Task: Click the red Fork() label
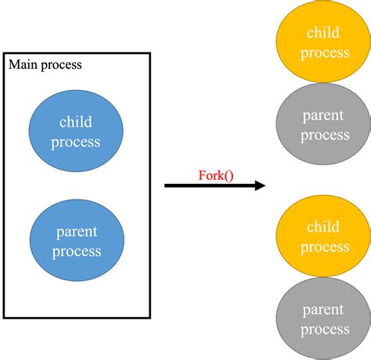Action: click(216, 175)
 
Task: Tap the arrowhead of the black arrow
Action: click(260, 185)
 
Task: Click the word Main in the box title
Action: click(23, 64)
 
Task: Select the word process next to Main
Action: click(62, 65)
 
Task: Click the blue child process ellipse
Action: click(76, 131)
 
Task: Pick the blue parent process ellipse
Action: click(77, 240)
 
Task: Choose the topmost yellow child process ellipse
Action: click(323, 41)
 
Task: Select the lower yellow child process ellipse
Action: click(323, 236)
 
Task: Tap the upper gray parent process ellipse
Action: click(323, 124)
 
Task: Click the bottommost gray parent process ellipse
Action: click(323, 319)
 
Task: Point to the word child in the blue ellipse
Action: click(76, 121)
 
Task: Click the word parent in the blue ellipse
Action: click(77, 232)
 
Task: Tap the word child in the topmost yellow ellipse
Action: click(323, 32)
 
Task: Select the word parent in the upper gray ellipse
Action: click(323, 116)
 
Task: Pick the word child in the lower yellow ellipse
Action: click(323, 227)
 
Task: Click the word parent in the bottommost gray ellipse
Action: click(323, 310)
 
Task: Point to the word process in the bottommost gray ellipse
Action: click(325, 330)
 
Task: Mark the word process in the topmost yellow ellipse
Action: click(325, 53)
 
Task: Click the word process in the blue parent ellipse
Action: click(77, 252)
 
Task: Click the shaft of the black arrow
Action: click(210, 185)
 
